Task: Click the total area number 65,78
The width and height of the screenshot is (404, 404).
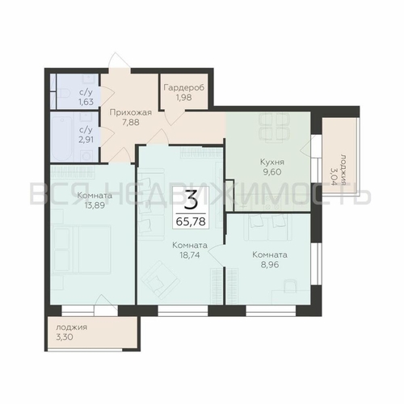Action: point(191,221)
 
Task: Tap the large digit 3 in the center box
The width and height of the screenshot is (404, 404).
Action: point(191,200)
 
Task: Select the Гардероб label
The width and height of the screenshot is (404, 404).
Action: point(184,87)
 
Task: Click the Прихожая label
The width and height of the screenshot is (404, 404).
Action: point(131,112)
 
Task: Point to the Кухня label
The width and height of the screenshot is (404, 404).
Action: point(272,162)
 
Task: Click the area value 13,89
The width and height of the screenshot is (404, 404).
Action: point(95,205)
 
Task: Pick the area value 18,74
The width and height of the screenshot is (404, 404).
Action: point(190,255)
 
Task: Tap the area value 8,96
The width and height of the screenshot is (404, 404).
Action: point(270,264)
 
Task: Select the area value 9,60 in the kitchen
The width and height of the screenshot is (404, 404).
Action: point(272,172)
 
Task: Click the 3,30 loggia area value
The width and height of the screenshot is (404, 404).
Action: point(65,337)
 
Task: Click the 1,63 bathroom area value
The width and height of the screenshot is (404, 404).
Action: point(86,102)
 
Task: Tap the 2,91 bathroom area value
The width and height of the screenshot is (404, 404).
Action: point(86,140)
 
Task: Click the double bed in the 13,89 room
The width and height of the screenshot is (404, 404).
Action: point(82,250)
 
